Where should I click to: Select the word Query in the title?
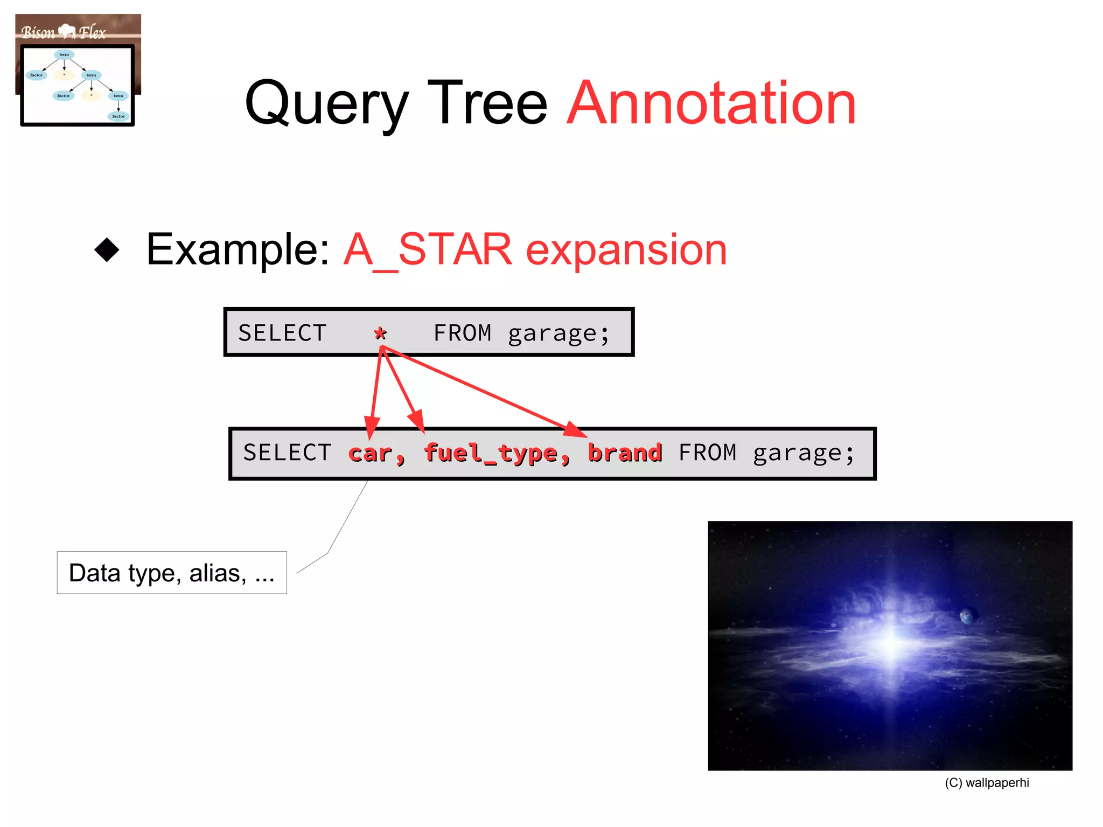326,103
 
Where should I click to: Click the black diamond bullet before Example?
107,250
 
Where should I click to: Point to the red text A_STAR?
428,250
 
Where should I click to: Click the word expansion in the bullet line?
626,250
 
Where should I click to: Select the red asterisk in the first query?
380,333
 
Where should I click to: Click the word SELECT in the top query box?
282,333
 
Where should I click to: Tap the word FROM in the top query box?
462,333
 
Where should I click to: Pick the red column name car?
371,453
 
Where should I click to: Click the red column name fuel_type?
490,453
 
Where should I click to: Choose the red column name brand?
625,453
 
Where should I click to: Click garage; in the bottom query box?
804,453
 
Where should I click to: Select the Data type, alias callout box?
172,573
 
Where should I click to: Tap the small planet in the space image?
968,615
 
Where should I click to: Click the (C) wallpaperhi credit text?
987,783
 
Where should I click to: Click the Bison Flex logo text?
64,32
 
